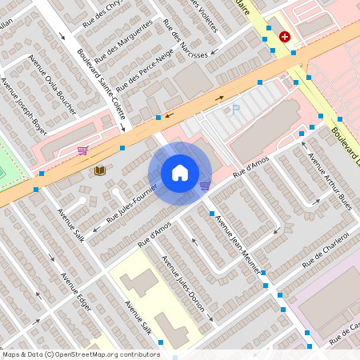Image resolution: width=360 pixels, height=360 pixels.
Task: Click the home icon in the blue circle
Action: click(180, 173)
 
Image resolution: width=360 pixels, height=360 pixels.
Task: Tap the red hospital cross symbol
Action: click(285, 36)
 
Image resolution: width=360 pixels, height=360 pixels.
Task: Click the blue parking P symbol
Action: click(235, 110)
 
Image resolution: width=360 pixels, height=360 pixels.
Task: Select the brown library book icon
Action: click(100, 170)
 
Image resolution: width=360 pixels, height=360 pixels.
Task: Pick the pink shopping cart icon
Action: click(82, 150)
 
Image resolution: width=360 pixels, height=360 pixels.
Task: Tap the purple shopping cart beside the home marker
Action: click(205, 186)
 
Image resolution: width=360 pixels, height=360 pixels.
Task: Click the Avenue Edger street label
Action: click(75, 293)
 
